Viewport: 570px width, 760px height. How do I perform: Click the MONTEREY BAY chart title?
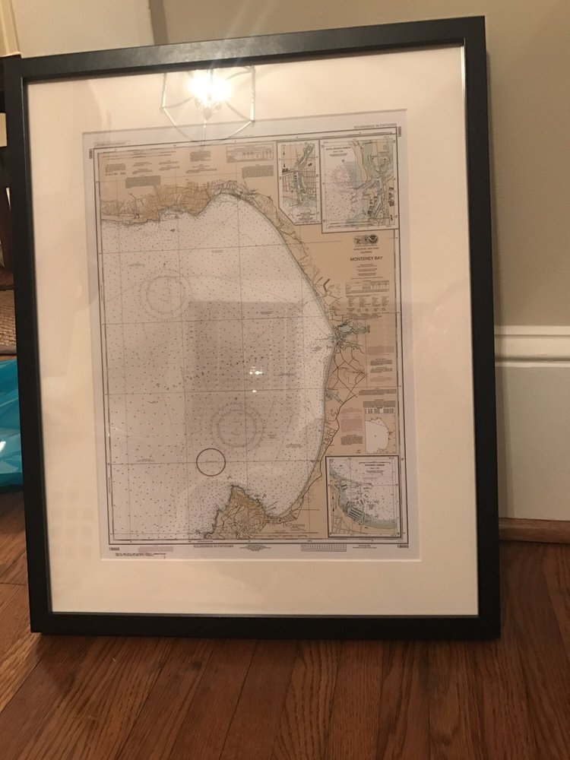pyautogui.click(x=369, y=258)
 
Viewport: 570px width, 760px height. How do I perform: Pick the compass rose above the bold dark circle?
pyautogui.click(x=237, y=427)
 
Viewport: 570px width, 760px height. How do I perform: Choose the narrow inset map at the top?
pyautogui.click(x=298, y=182)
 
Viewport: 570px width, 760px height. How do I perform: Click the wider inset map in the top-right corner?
pyautogui.click(x=359, y=183)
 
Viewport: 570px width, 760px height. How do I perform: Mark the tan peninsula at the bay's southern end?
pyautogui.click(x=239, y=513)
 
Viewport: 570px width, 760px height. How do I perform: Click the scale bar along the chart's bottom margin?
pyautogui.click(x=324, y=546)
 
